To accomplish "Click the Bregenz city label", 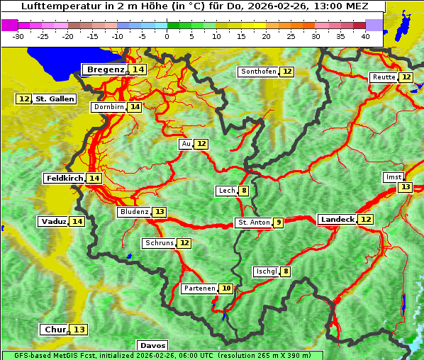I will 105,69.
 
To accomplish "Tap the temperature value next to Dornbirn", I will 135,107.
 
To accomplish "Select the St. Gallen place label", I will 55,99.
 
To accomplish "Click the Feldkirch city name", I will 64,178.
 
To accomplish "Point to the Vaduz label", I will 53,222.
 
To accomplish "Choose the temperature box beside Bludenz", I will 160,212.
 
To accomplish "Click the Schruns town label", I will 158,243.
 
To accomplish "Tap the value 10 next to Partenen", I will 225,288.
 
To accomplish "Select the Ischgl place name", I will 266,271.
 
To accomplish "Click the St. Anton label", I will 253,223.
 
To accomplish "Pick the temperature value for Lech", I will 244,191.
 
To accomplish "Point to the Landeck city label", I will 337,220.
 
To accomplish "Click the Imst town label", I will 392,177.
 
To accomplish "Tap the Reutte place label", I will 384,77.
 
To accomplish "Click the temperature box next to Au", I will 202,144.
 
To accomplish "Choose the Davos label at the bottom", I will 152,346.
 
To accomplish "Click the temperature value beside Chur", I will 79,330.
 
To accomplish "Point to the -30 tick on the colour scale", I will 18,35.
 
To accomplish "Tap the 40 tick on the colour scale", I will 365,35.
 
